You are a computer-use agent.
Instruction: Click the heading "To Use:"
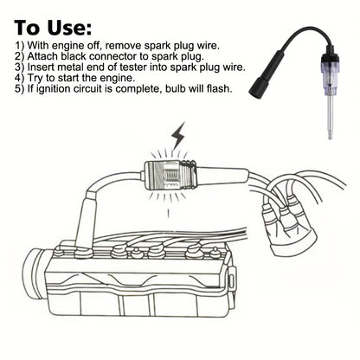pyautogui.click(x=53, y=28)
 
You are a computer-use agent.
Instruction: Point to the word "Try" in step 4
pyautogui.click(x=34, y=78)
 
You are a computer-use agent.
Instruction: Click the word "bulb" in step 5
pyautogui.click(x=176, y=88)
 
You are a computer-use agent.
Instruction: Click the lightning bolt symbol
pyautogui.click(x=178, y=135)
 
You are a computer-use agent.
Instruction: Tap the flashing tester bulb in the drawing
pyautogui.click(x=170, y=175)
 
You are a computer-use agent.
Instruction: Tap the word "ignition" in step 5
pyautogui.click(x=54, y=89)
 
